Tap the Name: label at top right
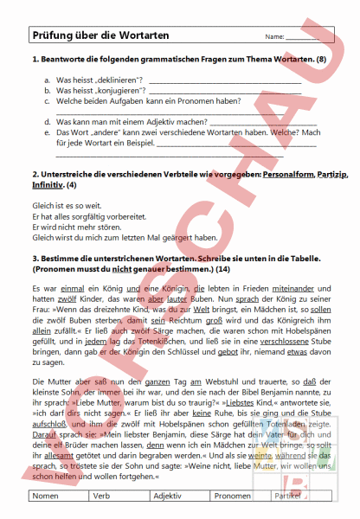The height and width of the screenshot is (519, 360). (x=274, y=38)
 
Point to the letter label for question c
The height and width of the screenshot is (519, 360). (x=46, y=99)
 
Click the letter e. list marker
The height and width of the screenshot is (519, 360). (x=46, y=132)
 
